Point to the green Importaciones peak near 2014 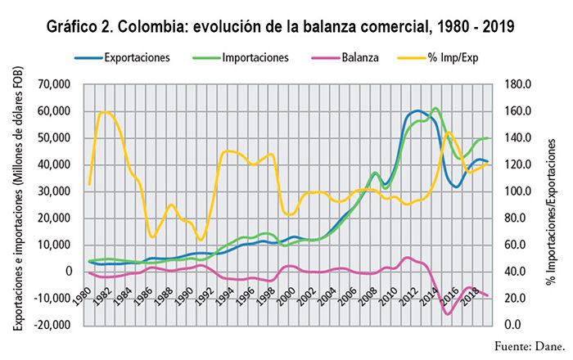point(435,108)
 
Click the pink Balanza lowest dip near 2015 point(448,313)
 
